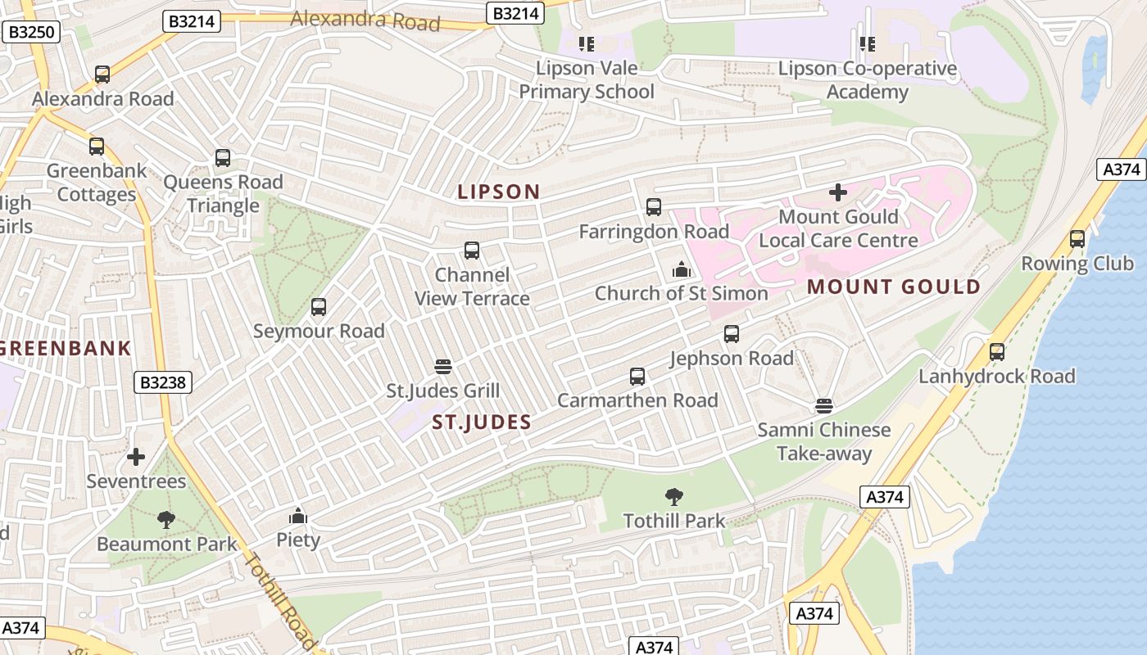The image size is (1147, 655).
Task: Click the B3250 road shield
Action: click(32, 33)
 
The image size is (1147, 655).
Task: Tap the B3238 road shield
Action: click(163, 382)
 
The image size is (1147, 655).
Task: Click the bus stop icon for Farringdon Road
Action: click(653, 207)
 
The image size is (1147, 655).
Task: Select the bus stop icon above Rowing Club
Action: click(1077, 239)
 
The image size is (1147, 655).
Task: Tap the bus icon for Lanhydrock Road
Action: click(996, 352)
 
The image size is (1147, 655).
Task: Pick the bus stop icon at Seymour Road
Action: click(319, 307)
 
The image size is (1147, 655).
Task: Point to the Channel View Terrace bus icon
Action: click(472, 251)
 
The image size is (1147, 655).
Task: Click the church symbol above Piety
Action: click(297, 516)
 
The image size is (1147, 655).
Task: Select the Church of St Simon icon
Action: click(681, 269)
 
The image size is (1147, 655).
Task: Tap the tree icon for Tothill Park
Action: click(674, 496)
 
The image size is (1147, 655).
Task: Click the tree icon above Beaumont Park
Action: click(166, 519)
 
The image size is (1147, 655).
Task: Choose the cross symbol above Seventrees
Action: click(136, 456)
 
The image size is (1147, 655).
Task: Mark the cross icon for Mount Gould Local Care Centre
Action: click(838, 192)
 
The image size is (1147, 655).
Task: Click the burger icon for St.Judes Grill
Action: click(443, 366)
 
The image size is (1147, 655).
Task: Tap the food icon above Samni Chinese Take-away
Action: click(824, 406)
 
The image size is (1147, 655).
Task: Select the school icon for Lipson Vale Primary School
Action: click(587, 43)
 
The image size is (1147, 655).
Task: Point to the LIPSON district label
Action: click(498, 192)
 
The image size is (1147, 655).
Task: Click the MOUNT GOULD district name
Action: click(894, 287)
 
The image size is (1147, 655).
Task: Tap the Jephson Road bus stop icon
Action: click(732, 334)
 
